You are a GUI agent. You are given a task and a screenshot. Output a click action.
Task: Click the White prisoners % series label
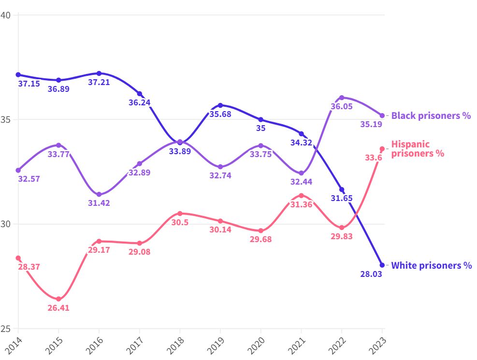(x=431, y=265)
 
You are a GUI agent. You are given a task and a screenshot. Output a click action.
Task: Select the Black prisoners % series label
(x=431, y=115)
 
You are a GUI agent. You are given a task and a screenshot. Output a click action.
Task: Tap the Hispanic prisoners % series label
(x=417, y=149)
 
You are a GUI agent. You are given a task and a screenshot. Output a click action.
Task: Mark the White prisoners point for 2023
(x=382, y=265)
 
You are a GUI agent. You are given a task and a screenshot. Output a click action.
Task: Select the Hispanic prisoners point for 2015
(x=58, y=299)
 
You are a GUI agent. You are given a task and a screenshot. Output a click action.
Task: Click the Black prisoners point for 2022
(x=342, y=98)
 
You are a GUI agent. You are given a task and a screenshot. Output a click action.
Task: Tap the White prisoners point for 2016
(x=99, y=73)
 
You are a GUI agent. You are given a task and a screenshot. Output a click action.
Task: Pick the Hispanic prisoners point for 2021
(x=301, y=196)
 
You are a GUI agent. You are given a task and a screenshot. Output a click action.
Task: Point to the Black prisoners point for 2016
(x=99, y=194)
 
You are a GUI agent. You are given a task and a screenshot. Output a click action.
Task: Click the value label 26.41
(x=58, y=308)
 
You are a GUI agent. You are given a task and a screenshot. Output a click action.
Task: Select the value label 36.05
(x=341, y=107)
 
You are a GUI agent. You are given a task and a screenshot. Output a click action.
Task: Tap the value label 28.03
(x=371, y=274)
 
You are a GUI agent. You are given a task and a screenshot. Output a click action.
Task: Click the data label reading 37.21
(x=99, y=82)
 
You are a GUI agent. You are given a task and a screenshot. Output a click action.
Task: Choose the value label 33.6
(x=374, y=158)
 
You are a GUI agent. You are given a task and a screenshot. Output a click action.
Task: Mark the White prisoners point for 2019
(x=220, y=105)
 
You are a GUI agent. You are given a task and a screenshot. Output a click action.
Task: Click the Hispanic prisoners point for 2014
(x=18, y=258)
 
